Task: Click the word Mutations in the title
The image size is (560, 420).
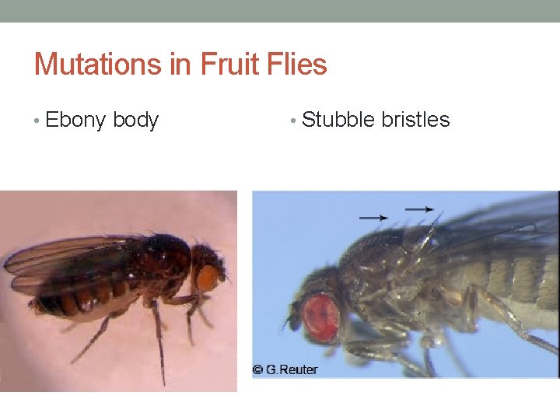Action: click(x=96, y=64)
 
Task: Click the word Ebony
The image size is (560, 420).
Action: click(x=76, y=121)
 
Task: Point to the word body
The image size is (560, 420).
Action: click(x=135, y=121)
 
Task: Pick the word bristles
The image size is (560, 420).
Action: click(x=415, y=120)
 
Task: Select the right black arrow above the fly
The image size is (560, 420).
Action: click(x=420, y=208)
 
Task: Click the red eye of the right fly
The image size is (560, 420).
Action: click(x=321, y=317)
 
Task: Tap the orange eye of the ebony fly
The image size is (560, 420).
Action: click(x=207, y=278)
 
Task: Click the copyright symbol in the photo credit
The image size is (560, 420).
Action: click(x=257, y=369)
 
